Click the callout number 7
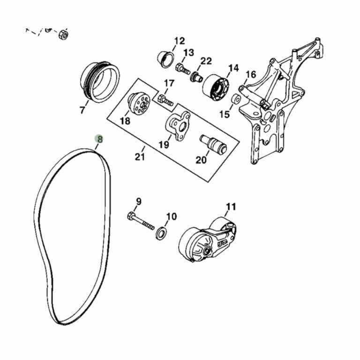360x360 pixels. click(82, 110)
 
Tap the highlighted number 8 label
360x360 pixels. click(99, 139)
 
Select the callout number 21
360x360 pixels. click(140, 157)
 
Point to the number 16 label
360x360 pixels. click(251, 74)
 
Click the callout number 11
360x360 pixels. click(231, 207)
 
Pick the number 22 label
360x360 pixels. click(206, 61)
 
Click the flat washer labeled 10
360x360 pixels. click(161, 233)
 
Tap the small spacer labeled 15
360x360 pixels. click(236, 99)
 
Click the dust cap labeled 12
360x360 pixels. click(166, 59)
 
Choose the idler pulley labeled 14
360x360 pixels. click(216, 87)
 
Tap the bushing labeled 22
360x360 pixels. click(196, 77)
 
